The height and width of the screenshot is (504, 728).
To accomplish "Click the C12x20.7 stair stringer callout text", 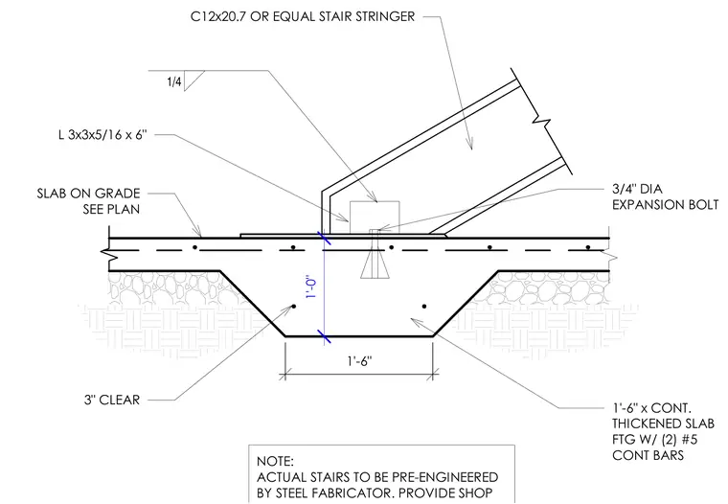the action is click(x=303, y=16).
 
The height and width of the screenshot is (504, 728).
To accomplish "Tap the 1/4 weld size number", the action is click(x=174, y=82).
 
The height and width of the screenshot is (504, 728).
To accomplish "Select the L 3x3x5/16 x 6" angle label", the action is click(x=102, y=135).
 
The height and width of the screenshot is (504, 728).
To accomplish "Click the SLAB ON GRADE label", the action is click(x=89, y=194).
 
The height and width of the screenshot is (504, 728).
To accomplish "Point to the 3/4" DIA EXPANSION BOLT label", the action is click(x=665, y=197).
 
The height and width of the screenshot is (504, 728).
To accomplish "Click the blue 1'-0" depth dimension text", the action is click(x=311, y=288).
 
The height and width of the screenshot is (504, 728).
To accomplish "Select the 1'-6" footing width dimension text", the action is click(x=360, y=361).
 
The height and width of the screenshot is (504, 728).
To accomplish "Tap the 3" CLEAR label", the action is click(x=112, y=400).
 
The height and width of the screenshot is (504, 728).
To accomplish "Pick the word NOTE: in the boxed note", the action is click(x=275, y=461).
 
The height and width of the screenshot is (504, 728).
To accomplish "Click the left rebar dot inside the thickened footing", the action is click(x=293, y=306).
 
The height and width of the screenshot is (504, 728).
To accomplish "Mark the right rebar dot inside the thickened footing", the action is click(x=424, y=306).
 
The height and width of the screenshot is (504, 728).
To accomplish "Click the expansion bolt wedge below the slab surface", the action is click(x=375, y=266).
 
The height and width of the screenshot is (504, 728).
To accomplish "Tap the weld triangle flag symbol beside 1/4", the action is click(x=193, y=79).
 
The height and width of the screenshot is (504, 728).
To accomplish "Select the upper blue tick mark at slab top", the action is click(x=324, y=239).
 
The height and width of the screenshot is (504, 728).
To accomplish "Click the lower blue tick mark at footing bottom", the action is click(x=324, y=336).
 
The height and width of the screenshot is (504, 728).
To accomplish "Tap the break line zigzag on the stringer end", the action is click(x=541, y=123).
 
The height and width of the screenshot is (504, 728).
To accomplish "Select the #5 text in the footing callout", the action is click(x=690, y=439).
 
